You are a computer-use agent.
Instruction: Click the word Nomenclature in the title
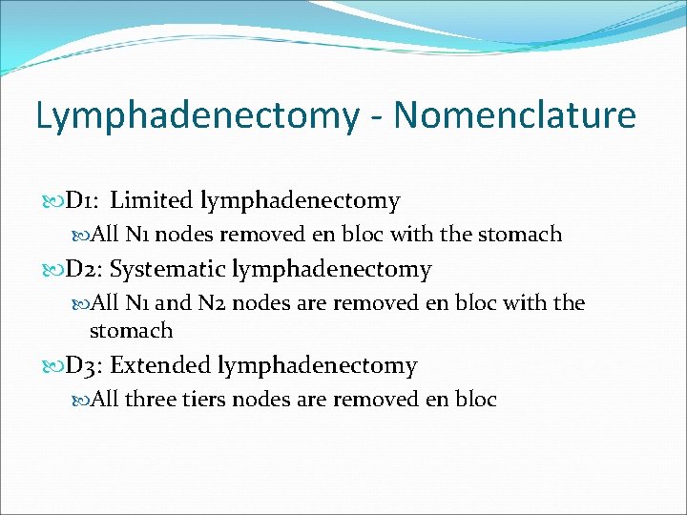click(514, 115)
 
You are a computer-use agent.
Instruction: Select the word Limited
click(152, 201)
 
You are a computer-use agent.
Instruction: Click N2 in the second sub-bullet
click(211, 304)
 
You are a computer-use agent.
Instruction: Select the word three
click(151, 400)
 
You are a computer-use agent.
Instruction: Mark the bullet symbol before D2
click(52, 271)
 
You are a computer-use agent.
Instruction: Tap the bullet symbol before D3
click(52, 366)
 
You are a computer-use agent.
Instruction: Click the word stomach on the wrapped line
click(131, 331)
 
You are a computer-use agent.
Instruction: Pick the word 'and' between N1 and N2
click(173, 304)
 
